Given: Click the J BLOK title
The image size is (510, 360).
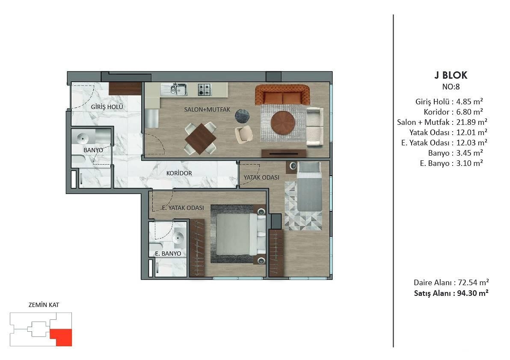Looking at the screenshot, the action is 451,75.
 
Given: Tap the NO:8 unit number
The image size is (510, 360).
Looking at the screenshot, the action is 451,87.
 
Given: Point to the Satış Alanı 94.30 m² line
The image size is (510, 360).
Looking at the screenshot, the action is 451,293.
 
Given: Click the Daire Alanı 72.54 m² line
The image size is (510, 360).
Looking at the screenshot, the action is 451,282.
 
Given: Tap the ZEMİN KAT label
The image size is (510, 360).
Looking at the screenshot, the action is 44,305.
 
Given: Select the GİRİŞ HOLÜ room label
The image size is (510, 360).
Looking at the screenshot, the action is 107,106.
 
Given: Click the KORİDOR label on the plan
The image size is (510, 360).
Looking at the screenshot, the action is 179,173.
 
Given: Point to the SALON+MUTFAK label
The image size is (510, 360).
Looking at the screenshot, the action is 207,109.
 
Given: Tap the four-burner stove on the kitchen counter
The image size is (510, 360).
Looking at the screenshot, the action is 205,89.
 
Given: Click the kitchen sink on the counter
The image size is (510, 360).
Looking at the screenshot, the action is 175,89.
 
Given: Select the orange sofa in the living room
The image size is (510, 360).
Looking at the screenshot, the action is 282,95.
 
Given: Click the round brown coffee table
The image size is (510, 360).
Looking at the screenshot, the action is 283,123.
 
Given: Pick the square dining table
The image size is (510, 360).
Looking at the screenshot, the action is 200,139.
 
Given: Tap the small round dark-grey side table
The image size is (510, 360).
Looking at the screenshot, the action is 242,116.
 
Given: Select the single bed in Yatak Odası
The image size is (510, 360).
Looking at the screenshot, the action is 309,186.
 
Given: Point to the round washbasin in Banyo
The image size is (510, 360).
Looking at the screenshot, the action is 83,139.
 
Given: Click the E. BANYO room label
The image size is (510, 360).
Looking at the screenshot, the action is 168,254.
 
